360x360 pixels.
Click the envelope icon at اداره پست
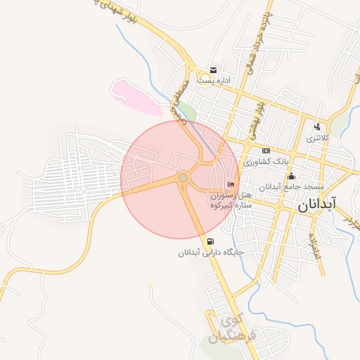point(213,70)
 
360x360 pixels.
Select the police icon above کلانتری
point(318,127)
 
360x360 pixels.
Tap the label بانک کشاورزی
point(264,162)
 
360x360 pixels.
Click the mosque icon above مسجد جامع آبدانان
point(291,176)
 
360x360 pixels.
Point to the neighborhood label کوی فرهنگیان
point(235,327)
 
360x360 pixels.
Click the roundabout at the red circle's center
point(183,179)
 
